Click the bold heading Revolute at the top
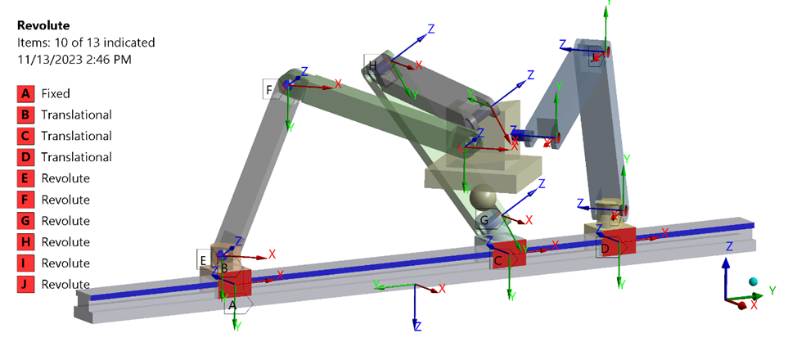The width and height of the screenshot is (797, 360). (43, 26)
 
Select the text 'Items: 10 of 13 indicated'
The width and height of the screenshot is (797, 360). (86, 43)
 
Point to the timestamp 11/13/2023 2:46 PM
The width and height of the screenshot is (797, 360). (74, 59)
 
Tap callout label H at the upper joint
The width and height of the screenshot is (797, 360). (373, 65)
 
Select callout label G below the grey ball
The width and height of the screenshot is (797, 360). (484, 221)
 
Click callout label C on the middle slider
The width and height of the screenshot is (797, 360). (497, 260)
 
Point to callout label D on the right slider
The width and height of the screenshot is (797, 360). (604, 248)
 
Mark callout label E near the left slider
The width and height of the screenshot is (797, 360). (203, 260)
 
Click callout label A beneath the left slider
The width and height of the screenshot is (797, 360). (232, 304)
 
